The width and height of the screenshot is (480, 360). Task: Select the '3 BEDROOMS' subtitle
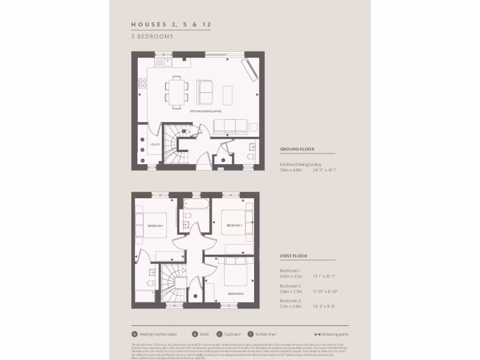(x=152, y=36)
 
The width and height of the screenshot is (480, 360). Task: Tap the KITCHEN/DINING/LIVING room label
(x=205, y=112)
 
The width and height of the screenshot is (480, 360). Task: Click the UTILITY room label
(x=155, y=144)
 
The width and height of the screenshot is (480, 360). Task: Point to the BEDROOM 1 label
(x=155, y=226)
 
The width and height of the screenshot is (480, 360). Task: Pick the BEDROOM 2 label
(x=234, y=225)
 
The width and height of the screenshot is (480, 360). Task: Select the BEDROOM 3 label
(x=236, y=293)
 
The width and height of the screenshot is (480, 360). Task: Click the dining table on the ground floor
(x=176, y=92)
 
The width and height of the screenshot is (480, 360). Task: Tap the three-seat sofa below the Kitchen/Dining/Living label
(x=230, y=127)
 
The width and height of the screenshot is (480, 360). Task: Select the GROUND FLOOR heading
(x=297, y=149)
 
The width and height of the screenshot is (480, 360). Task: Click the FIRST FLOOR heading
(x=293, y=256)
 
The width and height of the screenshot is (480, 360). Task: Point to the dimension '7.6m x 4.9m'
(x=291, y=170)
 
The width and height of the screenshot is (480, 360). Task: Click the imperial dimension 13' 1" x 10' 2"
(x=324, y=277)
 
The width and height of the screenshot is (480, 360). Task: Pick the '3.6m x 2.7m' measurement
(x=291, y=291)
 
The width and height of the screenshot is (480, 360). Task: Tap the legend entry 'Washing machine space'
(x=158, y=334)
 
